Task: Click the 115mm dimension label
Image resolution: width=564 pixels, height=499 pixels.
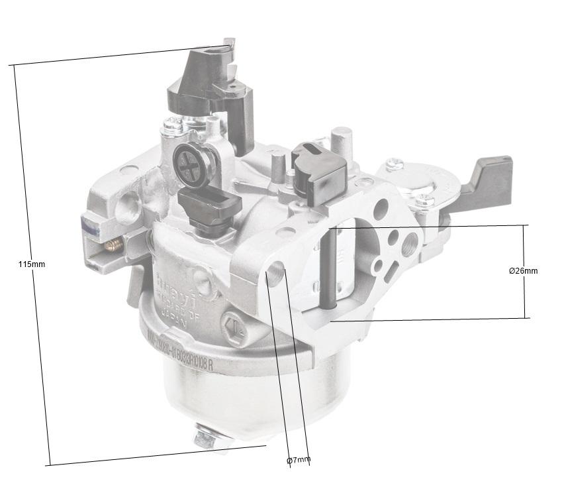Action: click(31, 264)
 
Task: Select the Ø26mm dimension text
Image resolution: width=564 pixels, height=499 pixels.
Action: click(523, 271)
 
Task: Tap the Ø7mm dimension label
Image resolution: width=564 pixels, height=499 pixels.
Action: click(298, 460)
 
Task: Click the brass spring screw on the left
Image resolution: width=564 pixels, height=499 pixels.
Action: click(114, 245)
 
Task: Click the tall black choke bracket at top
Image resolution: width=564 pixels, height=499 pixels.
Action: click(209, 86)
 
